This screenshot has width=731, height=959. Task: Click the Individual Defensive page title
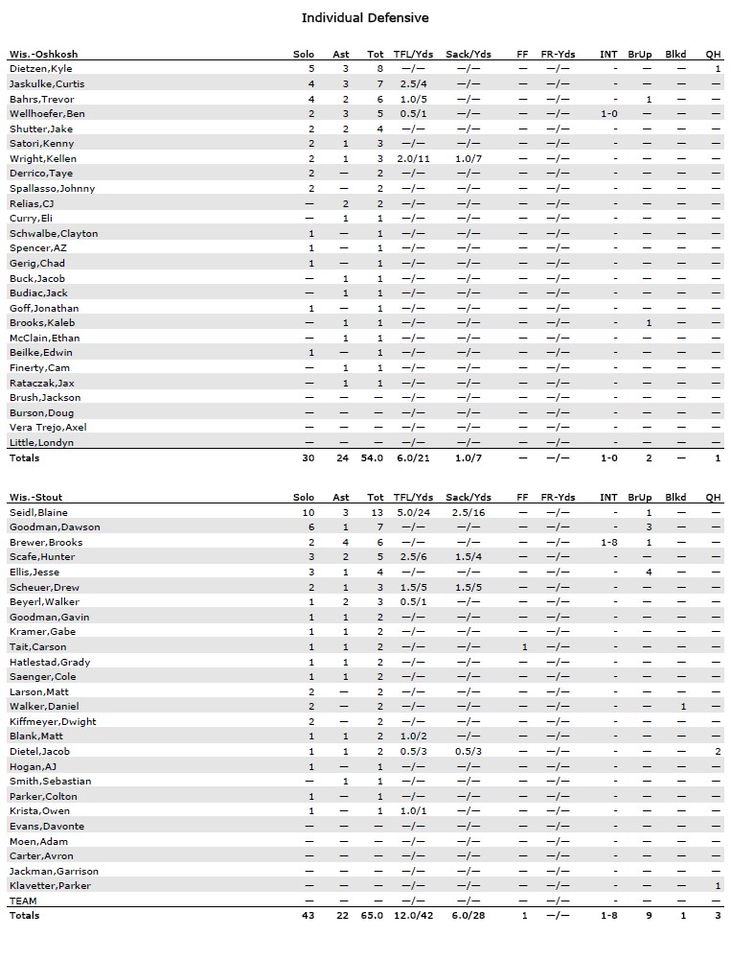click(365, 18)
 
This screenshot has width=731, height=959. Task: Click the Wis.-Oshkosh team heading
click(43, 54)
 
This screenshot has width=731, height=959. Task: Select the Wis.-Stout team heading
click(37, 497)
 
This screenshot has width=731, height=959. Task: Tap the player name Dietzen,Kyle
click(41, 69)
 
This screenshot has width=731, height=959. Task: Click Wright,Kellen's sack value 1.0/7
click(468, 158)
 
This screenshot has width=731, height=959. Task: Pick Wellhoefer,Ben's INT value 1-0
click(608, 113)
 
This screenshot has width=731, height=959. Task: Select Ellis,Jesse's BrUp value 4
click(649, 572)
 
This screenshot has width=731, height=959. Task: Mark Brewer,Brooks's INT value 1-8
click(608, 542)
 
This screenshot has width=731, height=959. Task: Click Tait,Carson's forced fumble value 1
click(524, 646)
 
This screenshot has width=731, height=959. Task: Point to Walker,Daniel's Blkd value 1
click(682, 706)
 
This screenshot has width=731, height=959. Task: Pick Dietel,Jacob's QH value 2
click(717, 751)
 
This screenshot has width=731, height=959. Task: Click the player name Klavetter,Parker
click(50, 885)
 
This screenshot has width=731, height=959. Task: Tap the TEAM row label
click(22, 901)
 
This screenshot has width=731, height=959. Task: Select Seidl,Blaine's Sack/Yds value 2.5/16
click(468, 512)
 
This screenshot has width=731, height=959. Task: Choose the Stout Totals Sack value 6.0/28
click(468, 916)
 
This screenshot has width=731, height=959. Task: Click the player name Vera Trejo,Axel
click(48, 428)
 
